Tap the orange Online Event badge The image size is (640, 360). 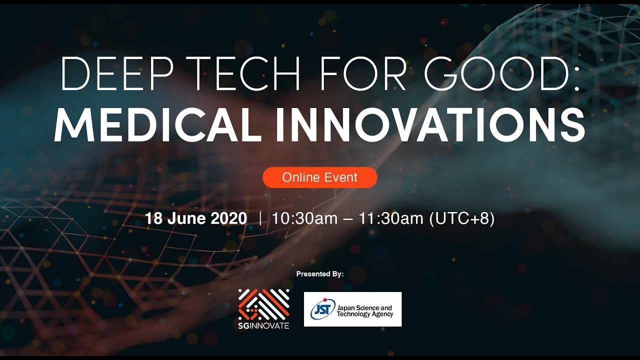(320, 177)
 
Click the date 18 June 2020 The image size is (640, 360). (196, 218)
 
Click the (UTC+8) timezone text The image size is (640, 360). (462, 218)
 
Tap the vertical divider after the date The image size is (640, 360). (260, 218)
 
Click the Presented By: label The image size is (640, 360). (320, 274)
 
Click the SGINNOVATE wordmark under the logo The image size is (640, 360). (264, 325)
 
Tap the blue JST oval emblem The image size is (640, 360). (322, 309)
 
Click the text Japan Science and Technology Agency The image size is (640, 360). (365, 310)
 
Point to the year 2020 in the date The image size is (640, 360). (228, 218)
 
